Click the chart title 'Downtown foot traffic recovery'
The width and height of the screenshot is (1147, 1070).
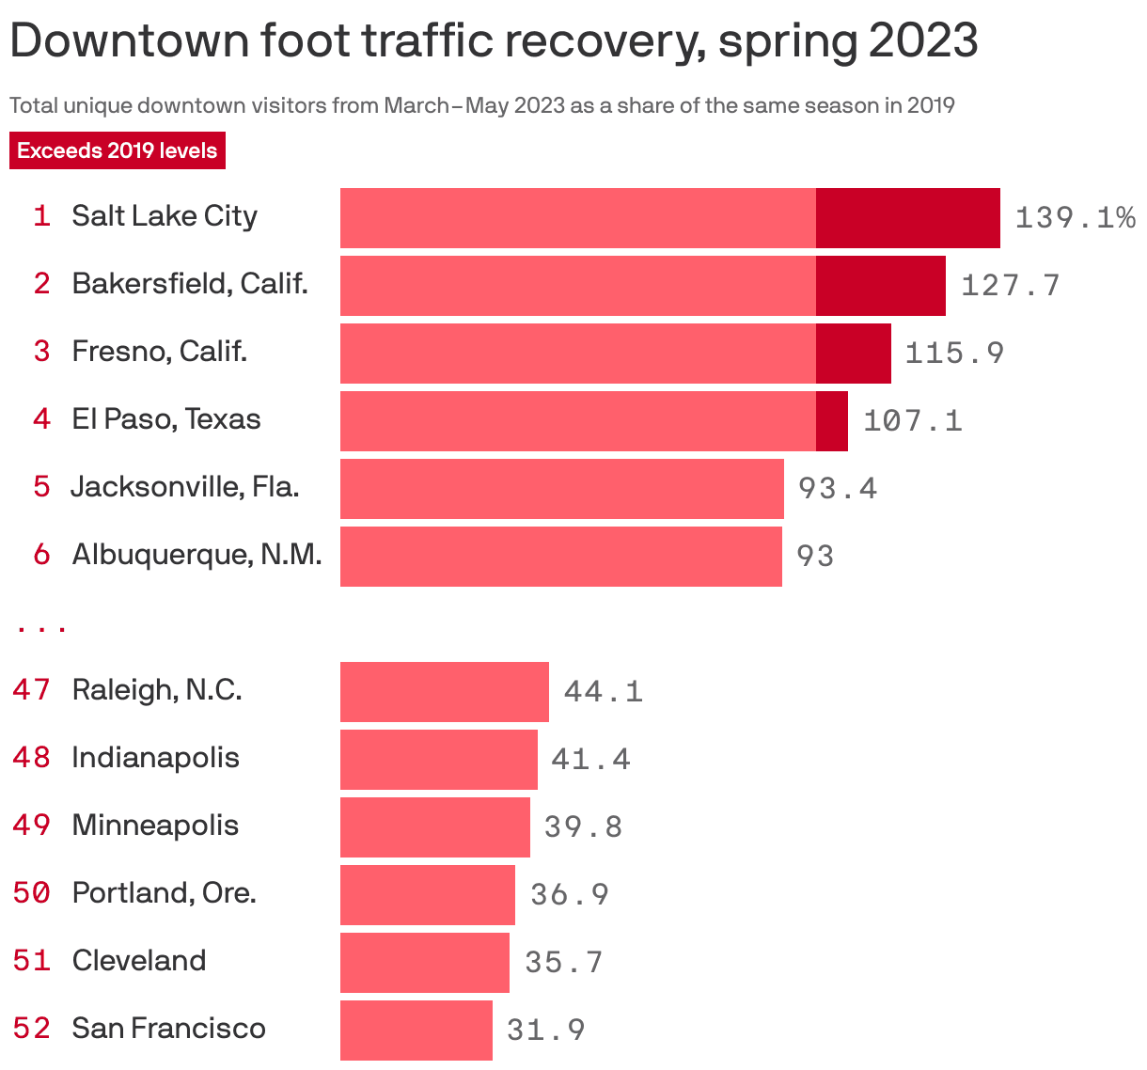point(494,41)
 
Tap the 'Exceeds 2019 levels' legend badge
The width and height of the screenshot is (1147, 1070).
point(118,150)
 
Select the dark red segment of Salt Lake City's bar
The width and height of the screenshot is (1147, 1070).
point(907,218)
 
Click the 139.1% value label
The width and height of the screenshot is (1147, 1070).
point(1075,218)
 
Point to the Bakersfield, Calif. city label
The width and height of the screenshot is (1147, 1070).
point(190,284)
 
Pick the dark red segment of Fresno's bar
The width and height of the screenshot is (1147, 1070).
point(853,354)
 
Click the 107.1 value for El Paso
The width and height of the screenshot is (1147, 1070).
point(912,420)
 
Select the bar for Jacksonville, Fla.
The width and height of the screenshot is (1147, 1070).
point(561,489)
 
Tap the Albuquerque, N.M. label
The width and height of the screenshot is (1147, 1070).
point(196,555)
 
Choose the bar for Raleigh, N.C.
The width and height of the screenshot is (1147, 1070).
point(444,692)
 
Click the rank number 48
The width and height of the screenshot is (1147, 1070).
point(32,758)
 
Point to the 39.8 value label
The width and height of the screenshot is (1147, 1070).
point(583,826)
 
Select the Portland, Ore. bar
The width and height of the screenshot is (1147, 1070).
point(427,895)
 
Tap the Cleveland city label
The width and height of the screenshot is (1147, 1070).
point(139,961)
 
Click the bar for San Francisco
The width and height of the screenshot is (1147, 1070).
point(416,1031)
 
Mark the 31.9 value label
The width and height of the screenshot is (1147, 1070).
point(545,1030)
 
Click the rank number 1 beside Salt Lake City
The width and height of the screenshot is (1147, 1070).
point(41,216)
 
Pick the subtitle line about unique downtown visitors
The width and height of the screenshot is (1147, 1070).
point(481,105)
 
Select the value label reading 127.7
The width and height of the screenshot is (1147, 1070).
point(1010,285)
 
